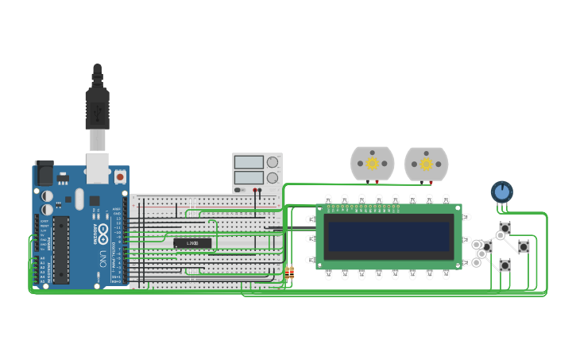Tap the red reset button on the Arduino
tap(120, 176)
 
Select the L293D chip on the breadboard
tap(192, 242)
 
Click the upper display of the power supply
tap(249, 162)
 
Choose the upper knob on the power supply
tap(273, 162)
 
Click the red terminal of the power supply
tap(256, 191)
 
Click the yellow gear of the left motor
tap(372, 163)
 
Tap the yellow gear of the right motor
tap(426, 164)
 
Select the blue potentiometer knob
tap(501, 192)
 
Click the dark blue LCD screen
tap(389, 236)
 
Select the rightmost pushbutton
tap(524, 246)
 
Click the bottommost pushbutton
tap(504, 264)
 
